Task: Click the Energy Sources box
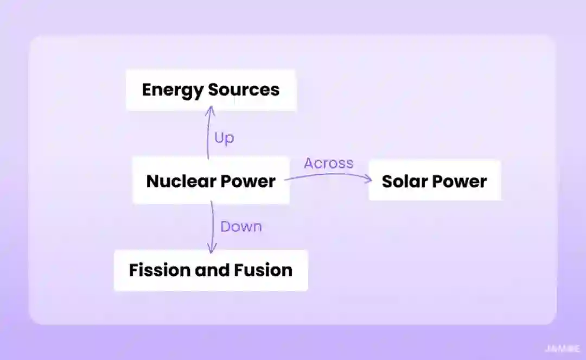[x=211, y=90]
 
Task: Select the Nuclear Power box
[x=211, y=181]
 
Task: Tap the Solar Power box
[x=435, y=181]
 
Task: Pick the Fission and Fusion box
[x=211, y=270]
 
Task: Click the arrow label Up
[x=224, y=138]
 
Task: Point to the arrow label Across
[x=328, y=163]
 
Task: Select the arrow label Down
[x=241, y=226]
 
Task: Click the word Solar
[x=402, y=181]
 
